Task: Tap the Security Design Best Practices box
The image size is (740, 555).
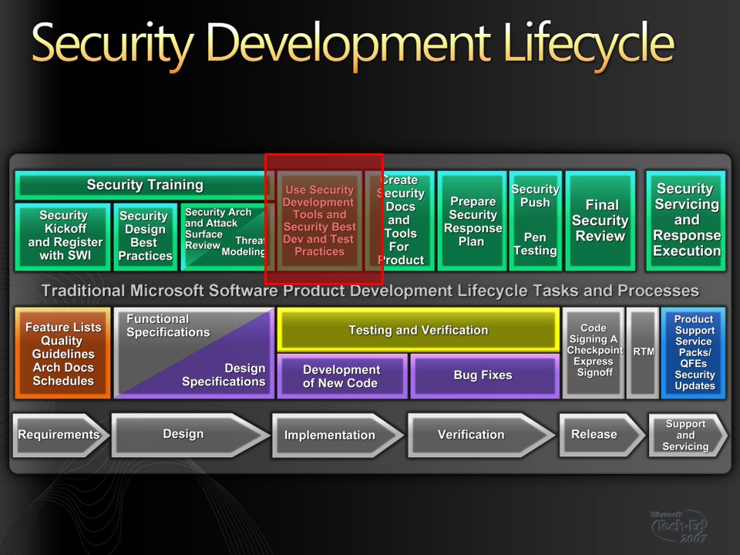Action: (146, 237)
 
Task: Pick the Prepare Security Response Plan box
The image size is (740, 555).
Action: (472, 221)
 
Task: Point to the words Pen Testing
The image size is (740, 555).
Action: (535, 244)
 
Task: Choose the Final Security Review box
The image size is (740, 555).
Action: (600, 221)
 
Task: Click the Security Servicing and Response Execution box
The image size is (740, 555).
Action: (686, 221)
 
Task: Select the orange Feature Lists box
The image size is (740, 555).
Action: (62, 354)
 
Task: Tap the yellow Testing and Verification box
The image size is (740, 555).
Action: (418, 330)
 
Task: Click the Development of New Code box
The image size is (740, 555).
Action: (342, 376)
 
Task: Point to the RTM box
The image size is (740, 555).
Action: (643, 354)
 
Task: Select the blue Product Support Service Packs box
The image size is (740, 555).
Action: (693, 354)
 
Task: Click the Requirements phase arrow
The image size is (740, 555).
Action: (61, 435)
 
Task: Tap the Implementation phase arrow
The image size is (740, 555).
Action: (338, 435)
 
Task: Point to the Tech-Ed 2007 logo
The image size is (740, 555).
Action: (680, 526)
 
